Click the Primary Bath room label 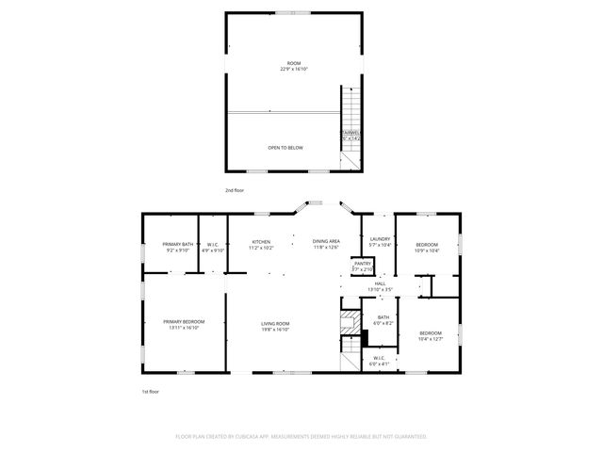tap(177, 248)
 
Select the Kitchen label tap(261, 245)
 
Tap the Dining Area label tap(326, 245)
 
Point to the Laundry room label tap(380, 242)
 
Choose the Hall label tap(380, 285)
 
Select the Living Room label tap(275, 327)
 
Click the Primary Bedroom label tap(183, 325)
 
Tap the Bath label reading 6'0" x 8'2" tap(383, 320)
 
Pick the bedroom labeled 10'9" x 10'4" tap(427, 248)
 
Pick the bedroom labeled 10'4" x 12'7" tap(430, 336)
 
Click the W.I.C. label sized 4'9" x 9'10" tap(213, 248)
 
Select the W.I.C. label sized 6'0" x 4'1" tap(379, 360)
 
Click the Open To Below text tap(285, 148)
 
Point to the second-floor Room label tap(294, 66)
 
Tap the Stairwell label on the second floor tap(350, 136)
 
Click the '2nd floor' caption tap(236, 190)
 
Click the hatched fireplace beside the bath tap(350, 319)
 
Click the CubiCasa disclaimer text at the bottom tap(301, 436)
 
